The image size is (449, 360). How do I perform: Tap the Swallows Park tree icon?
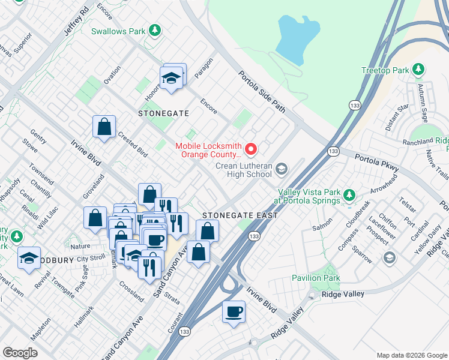(155, 30)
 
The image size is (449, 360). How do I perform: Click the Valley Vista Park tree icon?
(349, 195)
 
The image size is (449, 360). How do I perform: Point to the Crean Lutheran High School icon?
(281, 170)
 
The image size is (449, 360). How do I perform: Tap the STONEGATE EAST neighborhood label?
(239, 215)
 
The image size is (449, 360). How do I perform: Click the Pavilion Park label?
(316, 278)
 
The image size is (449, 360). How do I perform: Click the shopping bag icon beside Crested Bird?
(104, 127)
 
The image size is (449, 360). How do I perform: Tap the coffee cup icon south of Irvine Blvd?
(234, 311)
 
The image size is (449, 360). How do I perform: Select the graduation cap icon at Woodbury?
(29, 257)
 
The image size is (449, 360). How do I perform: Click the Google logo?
(20, 353)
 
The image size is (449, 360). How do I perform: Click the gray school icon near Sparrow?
(390, 257)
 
